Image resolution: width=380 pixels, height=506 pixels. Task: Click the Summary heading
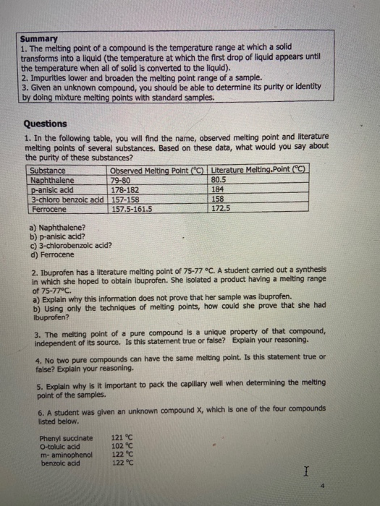pos(34,39)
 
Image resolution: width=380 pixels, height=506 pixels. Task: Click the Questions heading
pos(45,124)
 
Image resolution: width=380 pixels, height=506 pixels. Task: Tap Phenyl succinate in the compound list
pos(66,437)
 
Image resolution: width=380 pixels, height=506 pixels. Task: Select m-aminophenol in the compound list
pos(68,452)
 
